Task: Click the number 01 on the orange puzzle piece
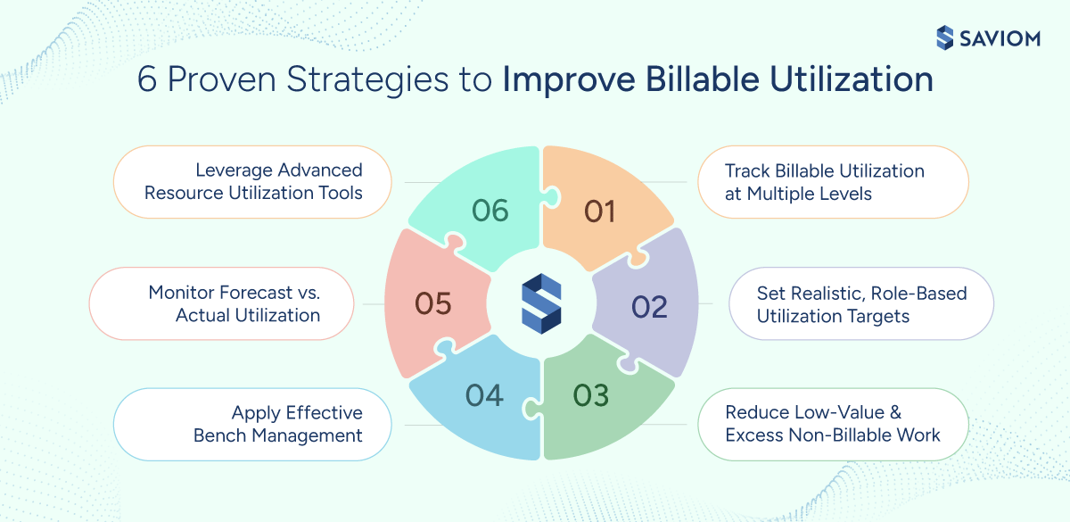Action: click(x=600, y=211)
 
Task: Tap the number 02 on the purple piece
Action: click(x=649, y=306)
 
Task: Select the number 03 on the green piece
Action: click(x=590, y=394)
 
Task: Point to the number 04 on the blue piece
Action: click(x=484, y=394)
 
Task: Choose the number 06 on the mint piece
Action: click(x=490, y=211)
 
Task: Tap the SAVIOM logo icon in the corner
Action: click(x=945, y=37)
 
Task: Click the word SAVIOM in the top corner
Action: click(x=1003, y=37)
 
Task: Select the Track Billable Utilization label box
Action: click(x=833, y=182)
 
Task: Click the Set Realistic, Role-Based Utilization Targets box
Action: click(x=861, y=304)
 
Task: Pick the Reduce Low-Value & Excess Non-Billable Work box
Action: click(x=833, y=424)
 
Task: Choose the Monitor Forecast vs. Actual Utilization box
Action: click(x=222, y=303)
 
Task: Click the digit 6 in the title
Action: click(x=147, y=81)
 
